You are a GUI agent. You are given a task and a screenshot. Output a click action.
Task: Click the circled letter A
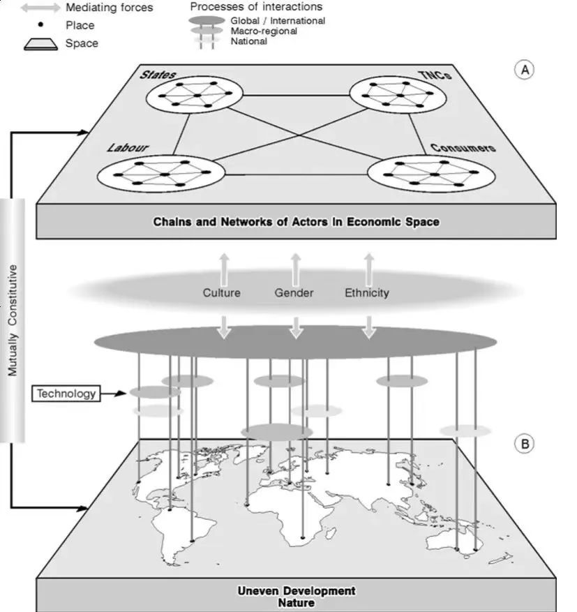tap(524, 70)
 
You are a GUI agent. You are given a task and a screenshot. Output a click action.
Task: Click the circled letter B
tap(524, 442)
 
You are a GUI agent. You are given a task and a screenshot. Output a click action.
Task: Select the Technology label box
tap(66, 394)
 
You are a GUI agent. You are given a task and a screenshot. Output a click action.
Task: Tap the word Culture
tap(222, 292)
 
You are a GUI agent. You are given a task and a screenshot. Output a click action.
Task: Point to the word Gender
tap(294, 292)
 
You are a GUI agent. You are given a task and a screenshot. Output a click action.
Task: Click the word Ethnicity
tap(366, 292)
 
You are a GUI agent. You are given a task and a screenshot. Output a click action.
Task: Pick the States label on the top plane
tap(158, 75)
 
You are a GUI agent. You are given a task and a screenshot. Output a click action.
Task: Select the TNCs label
tap(436, 75)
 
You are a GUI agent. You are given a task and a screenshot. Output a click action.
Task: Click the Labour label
tap(124, 147)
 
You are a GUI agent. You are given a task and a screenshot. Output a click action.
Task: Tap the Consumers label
tap(463, 147)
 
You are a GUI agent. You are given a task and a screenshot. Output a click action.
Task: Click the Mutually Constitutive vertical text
tap(13, 320)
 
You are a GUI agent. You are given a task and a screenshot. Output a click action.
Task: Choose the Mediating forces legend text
tap(109, 8)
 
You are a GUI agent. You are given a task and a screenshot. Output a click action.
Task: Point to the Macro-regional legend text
tap(264, 31)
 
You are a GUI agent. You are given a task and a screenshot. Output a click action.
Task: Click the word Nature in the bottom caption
tap(296, 602)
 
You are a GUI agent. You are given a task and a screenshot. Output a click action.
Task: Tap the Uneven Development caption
tap(296, 591)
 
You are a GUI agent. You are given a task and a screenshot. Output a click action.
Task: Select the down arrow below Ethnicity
tap(368, 327)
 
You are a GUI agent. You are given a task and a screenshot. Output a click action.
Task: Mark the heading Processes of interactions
tap(256, 6)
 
